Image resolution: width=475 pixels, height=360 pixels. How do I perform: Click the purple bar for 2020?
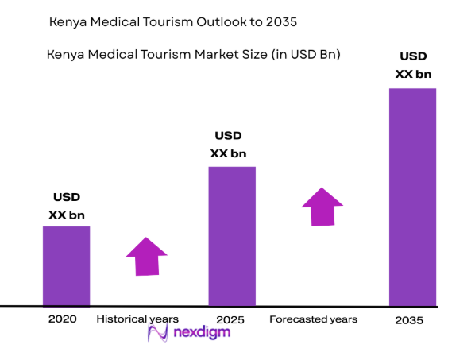[66, 265]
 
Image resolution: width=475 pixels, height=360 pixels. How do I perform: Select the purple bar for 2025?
[232, 236]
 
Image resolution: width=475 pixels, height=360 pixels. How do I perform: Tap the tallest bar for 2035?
[412, 197]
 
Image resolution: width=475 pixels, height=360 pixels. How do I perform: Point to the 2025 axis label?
[230, 319]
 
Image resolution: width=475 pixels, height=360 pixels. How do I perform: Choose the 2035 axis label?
[409, 320]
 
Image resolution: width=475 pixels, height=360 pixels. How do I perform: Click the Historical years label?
[137, 319]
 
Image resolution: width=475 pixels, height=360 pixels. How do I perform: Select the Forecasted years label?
[313, 319]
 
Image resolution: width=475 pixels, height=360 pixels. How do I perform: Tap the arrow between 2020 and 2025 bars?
[146, 257]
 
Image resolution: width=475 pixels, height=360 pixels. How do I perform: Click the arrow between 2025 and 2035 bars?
[322, 207]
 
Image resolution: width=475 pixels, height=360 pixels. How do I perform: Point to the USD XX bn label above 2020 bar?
[67, 206]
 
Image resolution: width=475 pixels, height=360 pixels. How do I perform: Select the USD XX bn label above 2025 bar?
[228, 145]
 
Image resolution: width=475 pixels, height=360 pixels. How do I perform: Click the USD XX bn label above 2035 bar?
[412, 66]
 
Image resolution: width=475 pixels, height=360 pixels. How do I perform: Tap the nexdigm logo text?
[202, 333]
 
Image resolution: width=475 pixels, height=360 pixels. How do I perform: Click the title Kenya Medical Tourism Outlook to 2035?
[172, 22]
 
